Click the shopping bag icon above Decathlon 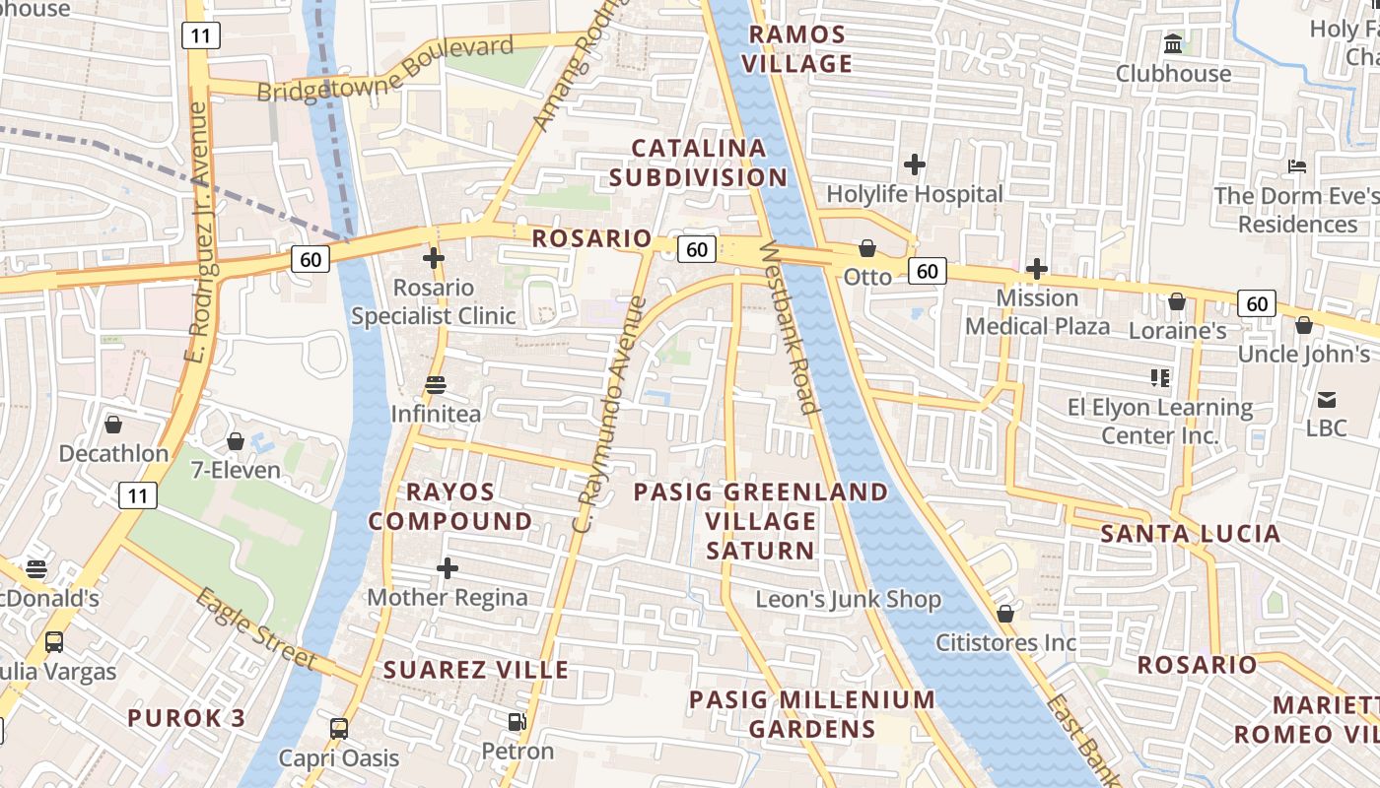(x=113, y=425)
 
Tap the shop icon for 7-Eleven (x=236, y=441)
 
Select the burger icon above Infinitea (x=436, y=384)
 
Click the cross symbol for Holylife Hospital (x=915, y=164)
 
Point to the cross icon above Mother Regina (x=448, y=568)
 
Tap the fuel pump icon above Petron (x=517, y=722)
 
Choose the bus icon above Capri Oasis (x=339, y=729)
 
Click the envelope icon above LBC (x=1326, y=399)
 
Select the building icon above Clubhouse (x=1173, y=44)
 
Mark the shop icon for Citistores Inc (x=1005, y=614)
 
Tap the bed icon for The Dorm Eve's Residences (x=1297, y=166)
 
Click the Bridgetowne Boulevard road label (x=385, y=69)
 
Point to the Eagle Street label (x=255, y=628)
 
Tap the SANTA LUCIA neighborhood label (x=1190, y=534)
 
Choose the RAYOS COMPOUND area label (x=450, y=506)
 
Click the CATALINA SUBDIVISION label (x=698, y=163)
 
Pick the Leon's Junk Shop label (x=848, y=599)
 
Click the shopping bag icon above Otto (x=867, y=248)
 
